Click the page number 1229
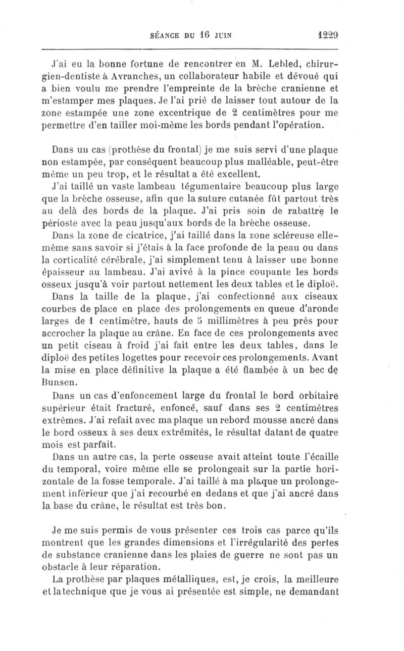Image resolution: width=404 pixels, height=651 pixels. (328, 36)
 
